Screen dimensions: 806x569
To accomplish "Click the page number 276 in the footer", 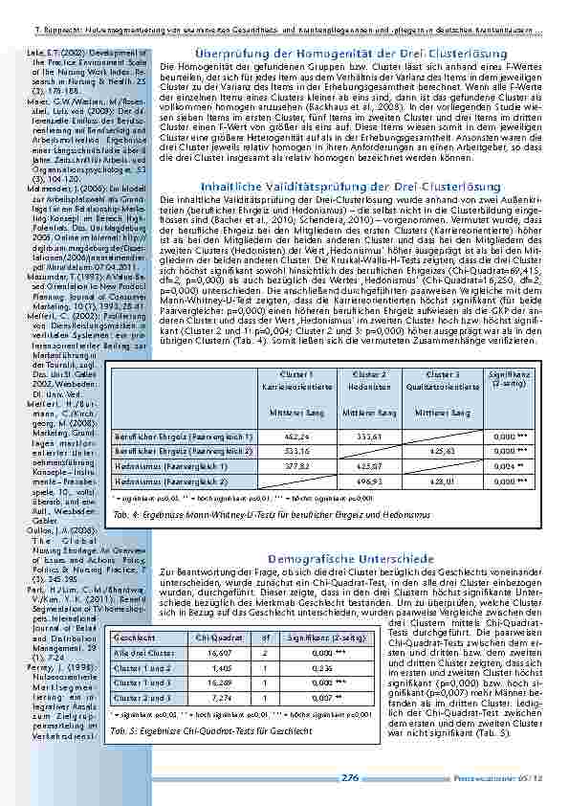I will pyautogui.click(x=349, y=777).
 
